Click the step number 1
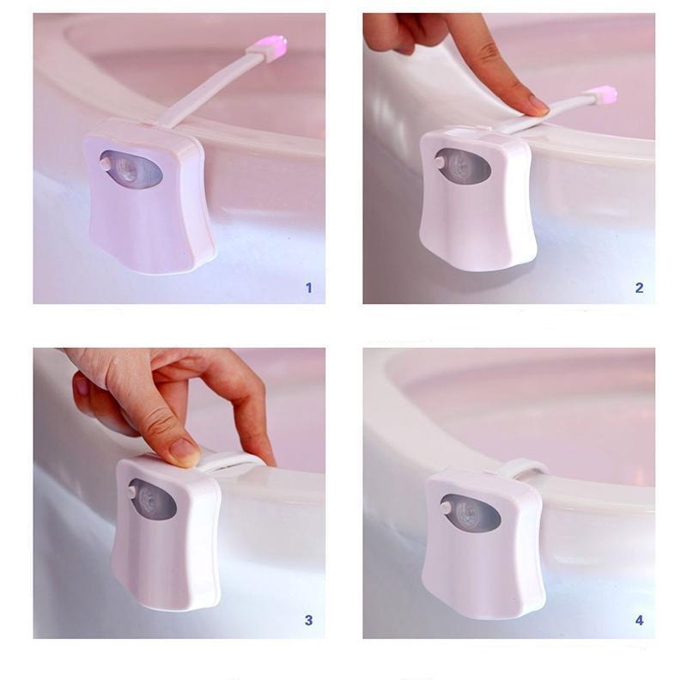(x=309, y=288)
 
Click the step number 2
(x=639, y=288)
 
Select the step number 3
(x=309, y=620)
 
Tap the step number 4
(x=639, y=620)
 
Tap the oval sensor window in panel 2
(x=465, y=166)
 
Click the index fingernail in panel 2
(x=539, y=106)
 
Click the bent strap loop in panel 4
(x=523, y=469)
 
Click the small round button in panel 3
(x=130, y=492)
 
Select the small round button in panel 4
(x=446, y=507)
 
